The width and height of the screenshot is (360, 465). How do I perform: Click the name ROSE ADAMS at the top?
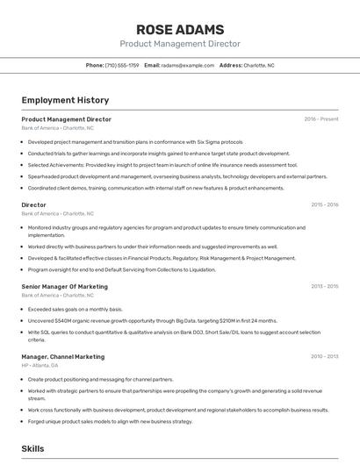(x=180, y=29)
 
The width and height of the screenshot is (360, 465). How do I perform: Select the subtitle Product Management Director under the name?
(x=180, y=44)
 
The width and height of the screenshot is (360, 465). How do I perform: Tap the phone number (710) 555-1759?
(x=122, y=65)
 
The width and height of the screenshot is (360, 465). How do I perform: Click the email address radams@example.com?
(x=188, y=65)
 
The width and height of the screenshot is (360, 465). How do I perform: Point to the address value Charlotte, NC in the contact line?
(x=259, y=65)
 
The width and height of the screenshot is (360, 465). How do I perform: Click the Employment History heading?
(x=65, y=100)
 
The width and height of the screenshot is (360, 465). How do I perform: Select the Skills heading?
(x=32, y=448)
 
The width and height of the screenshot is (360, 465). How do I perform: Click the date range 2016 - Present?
(x=321, y=119)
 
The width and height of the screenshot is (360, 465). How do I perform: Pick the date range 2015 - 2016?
(x=324, y=205)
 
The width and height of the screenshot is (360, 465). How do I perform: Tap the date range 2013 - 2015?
(x=324, y=286)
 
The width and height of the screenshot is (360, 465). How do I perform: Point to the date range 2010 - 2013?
(x=324, y=357)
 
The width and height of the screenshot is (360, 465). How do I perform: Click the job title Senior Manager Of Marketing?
(x=65, y=286)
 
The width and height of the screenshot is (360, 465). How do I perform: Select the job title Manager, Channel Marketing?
(x=62, y=357)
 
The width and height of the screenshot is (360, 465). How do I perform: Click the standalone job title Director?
(x=33, y=205)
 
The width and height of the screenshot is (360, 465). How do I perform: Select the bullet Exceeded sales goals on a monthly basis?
(x=76, y=310)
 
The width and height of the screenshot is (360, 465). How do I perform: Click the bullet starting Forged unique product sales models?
(x=110, y=421)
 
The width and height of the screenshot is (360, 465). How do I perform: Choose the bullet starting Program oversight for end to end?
(x=121, y=269)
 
